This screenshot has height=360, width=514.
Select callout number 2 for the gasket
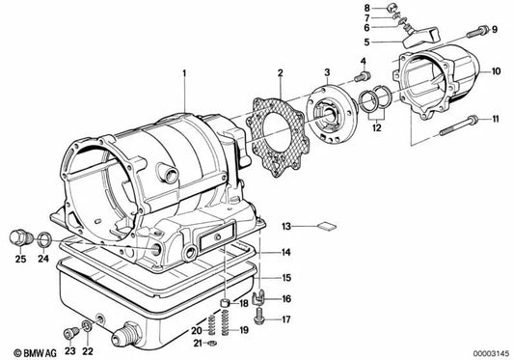pos(280,72)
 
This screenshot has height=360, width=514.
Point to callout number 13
pos(286,226)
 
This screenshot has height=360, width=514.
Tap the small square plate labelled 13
pos(324,228)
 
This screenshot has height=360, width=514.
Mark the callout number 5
pos(366,42)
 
